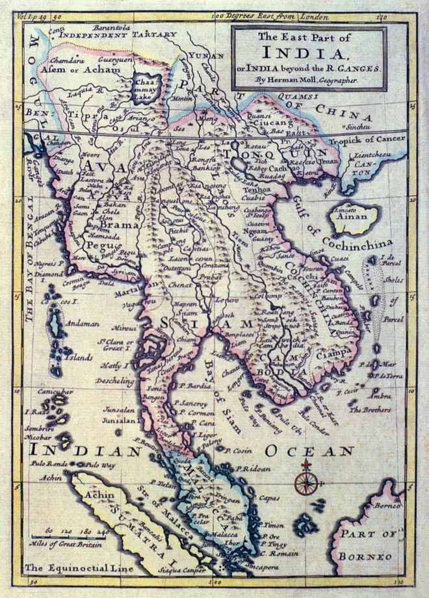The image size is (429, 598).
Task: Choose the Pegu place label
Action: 94,246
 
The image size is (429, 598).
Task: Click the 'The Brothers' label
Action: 370,410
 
